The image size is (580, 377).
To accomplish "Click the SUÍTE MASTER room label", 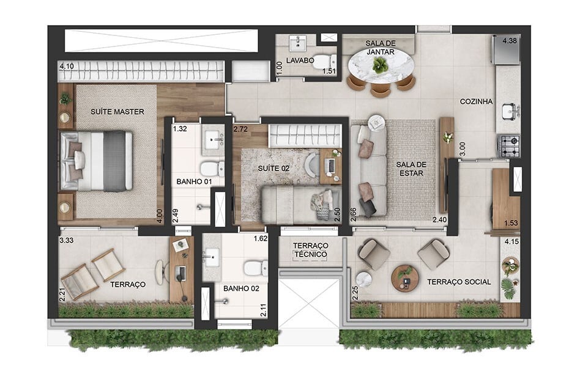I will (x=117, y=111).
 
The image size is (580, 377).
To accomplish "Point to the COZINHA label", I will (x=477, y=102).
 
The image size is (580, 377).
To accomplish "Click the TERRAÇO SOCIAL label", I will (x=459, y=282).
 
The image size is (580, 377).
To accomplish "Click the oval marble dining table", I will (x=381, y=65).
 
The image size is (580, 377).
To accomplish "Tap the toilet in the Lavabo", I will (x=330, y=61).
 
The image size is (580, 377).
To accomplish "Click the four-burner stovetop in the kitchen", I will (x=508, y=146).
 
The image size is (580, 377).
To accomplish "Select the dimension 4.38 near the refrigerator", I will (x=510, y=40).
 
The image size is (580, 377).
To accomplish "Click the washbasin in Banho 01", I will (x=213, y=140).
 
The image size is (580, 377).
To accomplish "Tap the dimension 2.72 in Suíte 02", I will (x=240, y=130).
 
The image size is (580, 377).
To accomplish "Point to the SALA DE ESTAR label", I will (x=411, y=168).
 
